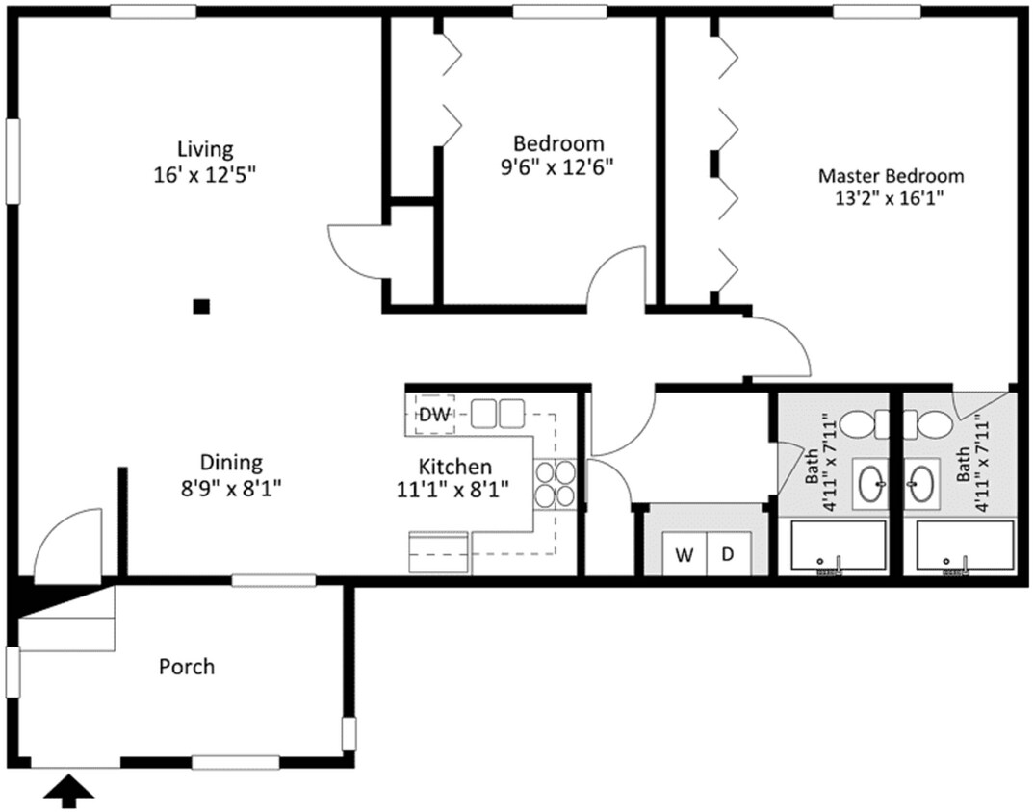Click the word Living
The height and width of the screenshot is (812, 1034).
(x=205, y=149)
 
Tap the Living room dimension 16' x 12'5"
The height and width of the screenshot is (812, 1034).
(x=205, y=174)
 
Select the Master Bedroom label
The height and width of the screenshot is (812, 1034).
(x=891, y=176)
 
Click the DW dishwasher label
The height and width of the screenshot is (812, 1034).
(x=434, y=415)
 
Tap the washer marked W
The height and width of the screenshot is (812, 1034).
(x=685, y=554)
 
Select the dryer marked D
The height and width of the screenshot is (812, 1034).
(x=729, y=554)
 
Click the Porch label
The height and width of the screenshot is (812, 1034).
(x=187, y=666)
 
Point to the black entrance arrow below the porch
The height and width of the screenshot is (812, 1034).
(x=70, y=791)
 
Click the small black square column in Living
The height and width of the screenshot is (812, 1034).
(x=201, y=307)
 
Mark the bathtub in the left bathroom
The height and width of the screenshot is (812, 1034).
(x=838, y=548)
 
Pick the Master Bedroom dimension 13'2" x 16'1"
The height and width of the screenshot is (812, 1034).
(x=891, y=200)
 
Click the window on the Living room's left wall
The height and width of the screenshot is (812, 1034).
(x=13, y=161)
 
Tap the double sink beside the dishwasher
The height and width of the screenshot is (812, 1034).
(x=498, y=415)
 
